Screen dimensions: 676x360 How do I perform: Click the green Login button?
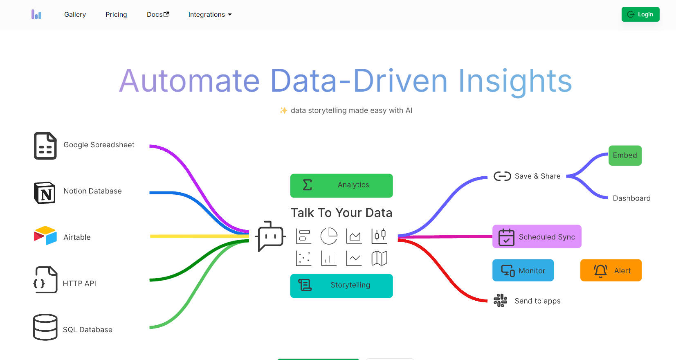click(640, 14)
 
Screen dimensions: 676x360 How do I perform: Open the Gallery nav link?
click(75, 14)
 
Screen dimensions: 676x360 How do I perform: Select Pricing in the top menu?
click(116, 14)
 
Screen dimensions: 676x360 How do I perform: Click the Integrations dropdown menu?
click(210, 14)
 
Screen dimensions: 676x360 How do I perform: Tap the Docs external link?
click(158, 14)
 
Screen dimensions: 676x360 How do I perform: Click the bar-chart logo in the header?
click(36, 14)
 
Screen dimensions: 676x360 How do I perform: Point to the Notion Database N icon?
click(45, 193)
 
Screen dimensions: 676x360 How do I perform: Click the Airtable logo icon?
click(45, 235)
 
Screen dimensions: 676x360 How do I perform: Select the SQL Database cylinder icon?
click(45, 327)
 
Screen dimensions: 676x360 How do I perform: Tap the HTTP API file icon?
click(45, 280)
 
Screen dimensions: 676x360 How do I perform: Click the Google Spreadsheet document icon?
click(45, 146)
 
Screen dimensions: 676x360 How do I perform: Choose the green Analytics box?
click(341, 185)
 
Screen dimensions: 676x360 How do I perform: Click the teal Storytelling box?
click(341, 286)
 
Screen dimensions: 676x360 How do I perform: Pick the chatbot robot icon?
click(270, 236)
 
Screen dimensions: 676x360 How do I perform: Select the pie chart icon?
click(329, 236)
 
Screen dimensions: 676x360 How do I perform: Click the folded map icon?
click(379, 258)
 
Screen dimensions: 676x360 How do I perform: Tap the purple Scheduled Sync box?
click(537, 236)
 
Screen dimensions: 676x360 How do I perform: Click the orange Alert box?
click(611, 270)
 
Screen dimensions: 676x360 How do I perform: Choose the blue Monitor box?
click(523, 270)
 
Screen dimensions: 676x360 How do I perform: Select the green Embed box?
click(625, 155)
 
